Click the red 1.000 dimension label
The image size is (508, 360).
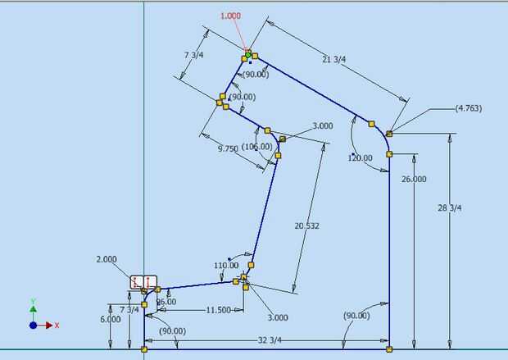click(232, 16)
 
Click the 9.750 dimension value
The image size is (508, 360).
click(229, 149)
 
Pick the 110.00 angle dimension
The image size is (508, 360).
click(225, 265)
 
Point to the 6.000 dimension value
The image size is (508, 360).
click(111, 319)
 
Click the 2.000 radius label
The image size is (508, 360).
click(107, 258)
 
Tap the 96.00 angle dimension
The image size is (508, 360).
click(166, 301)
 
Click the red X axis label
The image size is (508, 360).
click(57, 325)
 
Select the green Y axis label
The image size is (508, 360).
click(33, 301)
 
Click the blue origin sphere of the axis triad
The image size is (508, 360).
click(33, 325)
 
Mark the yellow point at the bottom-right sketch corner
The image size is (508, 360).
click(389, 349)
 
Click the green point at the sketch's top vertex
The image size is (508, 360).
click(247, 54)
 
